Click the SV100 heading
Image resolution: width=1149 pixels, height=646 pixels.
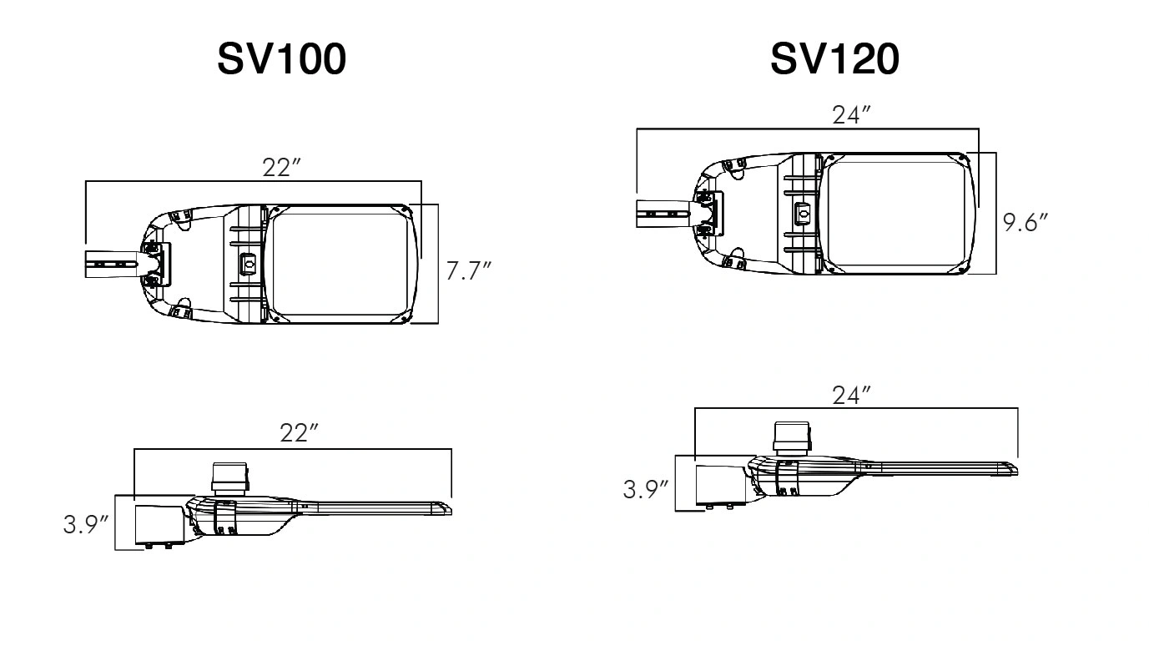tap(281, 59)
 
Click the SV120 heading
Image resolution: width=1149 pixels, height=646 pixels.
tap(834, 59)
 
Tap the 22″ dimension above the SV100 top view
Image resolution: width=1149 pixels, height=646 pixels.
tap(281, 167)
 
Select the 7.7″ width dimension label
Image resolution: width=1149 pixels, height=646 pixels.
tap(468, 271)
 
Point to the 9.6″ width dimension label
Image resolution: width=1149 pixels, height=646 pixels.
tap(1025, 223)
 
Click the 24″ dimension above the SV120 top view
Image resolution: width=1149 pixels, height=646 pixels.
tap(851, 116)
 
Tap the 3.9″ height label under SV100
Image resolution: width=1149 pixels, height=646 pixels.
tap(86, 525)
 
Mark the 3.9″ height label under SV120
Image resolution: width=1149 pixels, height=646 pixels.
tap(646, 489)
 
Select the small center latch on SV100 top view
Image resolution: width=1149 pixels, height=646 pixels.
tap(248, 263)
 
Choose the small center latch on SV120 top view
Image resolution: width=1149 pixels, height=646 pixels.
tap(804, 214)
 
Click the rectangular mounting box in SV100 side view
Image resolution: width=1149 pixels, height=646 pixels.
tap(159, 523)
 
